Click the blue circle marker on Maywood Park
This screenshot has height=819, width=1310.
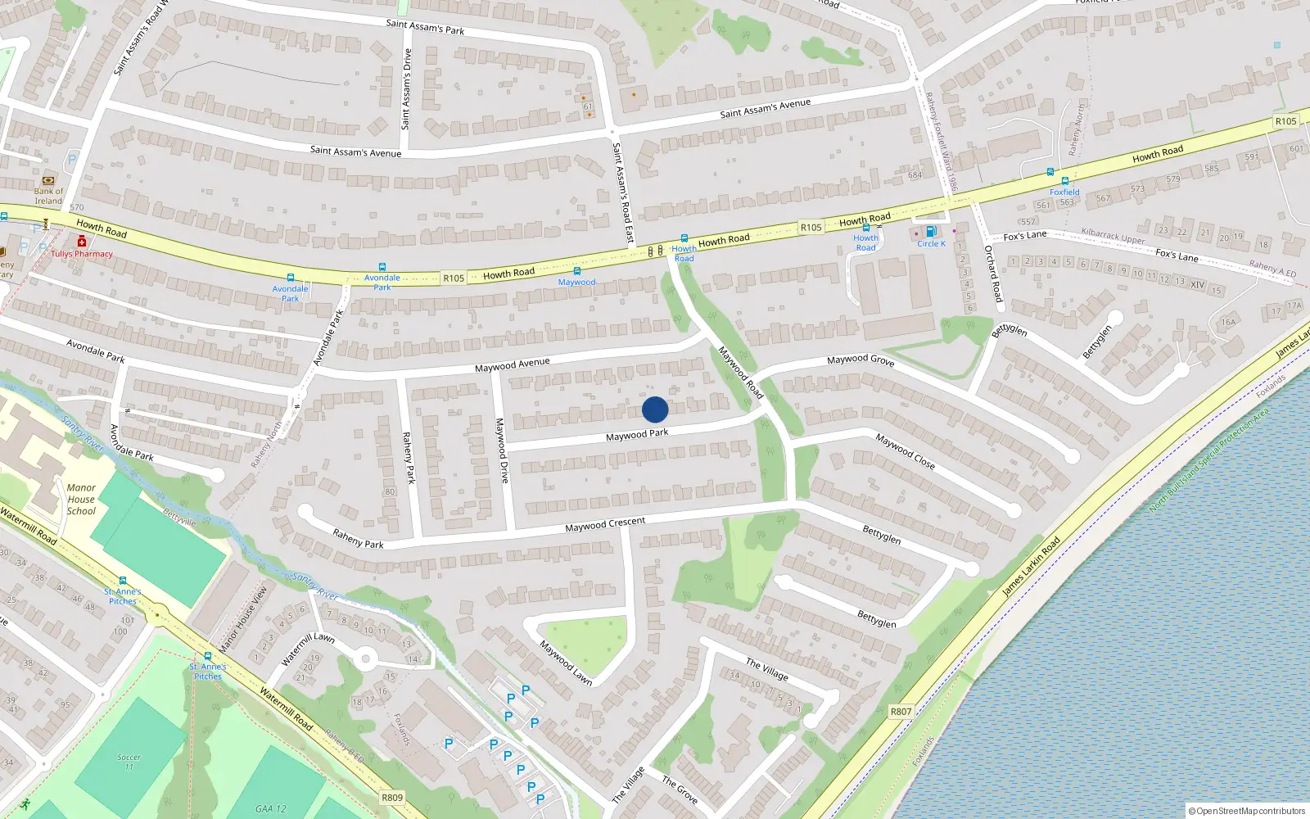point(655,409)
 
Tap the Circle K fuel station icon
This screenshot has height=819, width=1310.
point(930,232)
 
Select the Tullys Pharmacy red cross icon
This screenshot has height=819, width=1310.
point(82,242)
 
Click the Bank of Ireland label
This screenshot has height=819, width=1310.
point(48,196)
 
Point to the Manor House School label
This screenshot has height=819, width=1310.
point(81,499)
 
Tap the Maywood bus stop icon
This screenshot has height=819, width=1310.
point(577,271)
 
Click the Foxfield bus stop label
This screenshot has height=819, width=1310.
point(1064,192)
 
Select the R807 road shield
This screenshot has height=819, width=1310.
point(901,711)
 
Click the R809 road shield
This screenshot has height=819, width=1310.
point(392,797)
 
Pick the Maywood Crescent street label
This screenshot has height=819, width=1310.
point(605,524)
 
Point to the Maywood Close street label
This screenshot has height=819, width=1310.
point(905,450)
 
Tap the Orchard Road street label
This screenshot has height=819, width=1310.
point(993,274)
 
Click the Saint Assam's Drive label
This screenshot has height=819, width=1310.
point(406,88)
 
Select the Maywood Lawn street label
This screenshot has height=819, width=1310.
point(565,662)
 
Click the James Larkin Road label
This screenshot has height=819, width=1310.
point(1032,565)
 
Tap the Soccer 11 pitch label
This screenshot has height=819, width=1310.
point(129,762)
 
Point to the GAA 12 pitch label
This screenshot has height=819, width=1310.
point(270,808)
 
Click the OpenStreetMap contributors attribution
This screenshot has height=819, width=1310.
point(1247,811)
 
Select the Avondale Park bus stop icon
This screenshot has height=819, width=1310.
point(290,278)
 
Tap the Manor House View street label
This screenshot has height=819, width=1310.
point(242,618)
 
